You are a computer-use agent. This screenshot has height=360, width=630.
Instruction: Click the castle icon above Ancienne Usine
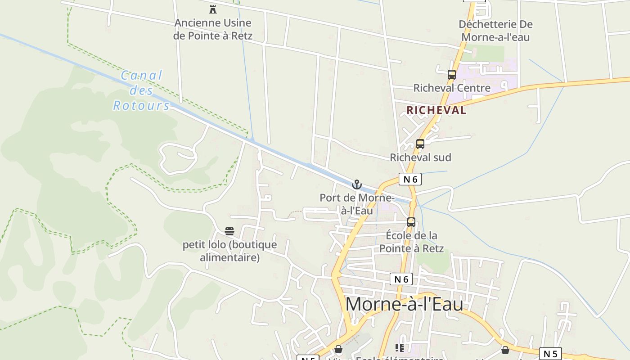(213, 9)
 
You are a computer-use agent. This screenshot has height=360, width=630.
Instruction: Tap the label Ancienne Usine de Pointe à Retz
(213, 29)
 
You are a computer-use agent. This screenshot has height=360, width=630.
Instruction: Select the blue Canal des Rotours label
(141, 90)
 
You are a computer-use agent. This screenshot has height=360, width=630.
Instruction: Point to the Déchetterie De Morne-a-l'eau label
(495, 31)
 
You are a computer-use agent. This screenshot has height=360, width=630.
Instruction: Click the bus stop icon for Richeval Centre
(451, 75)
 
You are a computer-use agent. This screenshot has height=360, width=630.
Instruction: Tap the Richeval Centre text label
(451, 88)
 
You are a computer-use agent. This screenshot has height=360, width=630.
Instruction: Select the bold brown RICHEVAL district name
(436, 110)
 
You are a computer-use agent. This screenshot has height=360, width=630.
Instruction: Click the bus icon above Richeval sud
(420, 144)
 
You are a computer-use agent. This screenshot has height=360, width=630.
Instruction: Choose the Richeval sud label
(420, 157)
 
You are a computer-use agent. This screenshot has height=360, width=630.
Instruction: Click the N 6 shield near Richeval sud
(410, 179)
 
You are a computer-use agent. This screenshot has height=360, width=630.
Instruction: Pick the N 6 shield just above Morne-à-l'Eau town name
(401, 279)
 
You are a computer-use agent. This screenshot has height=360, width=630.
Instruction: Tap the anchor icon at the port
(356, 184)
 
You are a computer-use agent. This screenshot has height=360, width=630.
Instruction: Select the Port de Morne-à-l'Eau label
(357, 204)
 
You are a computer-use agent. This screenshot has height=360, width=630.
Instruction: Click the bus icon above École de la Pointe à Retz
(411, 222)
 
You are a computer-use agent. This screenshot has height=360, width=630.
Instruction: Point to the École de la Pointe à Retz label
(411, 242)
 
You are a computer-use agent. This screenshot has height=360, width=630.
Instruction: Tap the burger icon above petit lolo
(229, 231)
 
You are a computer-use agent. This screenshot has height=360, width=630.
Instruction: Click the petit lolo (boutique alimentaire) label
(229, 251)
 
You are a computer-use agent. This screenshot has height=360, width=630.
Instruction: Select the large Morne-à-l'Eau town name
(404, 304)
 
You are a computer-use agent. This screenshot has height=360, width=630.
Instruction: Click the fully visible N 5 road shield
(550, 354)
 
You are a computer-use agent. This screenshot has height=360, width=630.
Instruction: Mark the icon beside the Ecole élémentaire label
(399, 347)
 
